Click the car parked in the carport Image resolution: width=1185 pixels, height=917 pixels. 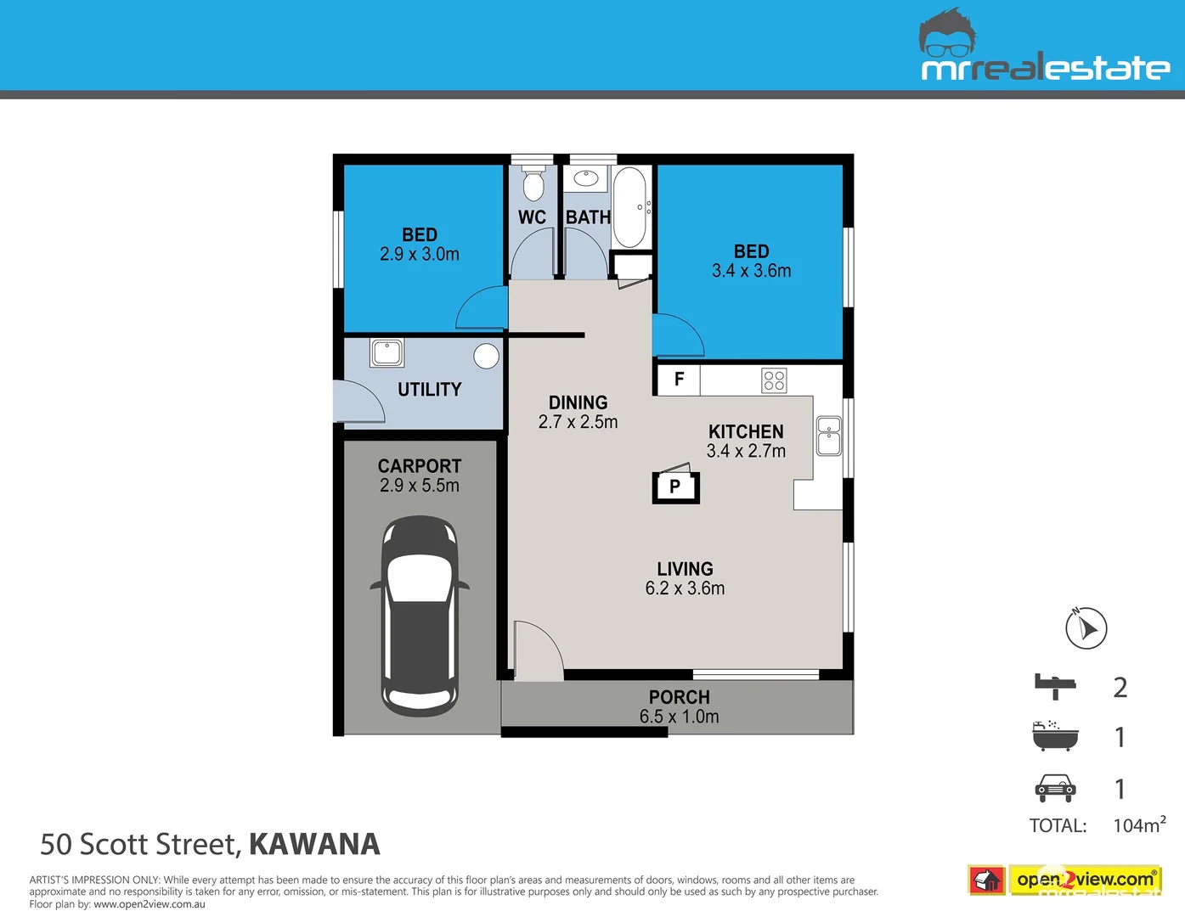420,616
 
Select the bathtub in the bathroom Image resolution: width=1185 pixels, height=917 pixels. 629,208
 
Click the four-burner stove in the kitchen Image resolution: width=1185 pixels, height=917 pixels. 774,380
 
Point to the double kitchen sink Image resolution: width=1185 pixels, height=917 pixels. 829,436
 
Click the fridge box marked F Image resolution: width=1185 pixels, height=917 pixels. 678,380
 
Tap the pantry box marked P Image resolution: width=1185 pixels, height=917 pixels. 675,487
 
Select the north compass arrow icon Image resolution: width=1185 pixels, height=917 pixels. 1086,628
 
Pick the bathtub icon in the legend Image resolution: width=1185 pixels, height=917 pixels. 1055,736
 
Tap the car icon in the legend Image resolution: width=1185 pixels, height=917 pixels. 1055,788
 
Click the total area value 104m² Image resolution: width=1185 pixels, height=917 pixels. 1139,825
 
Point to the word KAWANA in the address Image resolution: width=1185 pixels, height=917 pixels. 314,844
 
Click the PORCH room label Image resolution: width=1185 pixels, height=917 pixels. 679,697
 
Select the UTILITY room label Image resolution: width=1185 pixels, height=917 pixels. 429,390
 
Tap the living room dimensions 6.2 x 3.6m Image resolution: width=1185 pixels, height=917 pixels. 685,588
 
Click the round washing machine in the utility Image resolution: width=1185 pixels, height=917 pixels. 486,356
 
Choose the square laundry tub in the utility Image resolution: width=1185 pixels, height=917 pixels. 387,352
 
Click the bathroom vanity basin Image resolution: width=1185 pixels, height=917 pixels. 586,179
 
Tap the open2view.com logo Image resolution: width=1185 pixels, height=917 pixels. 1065,880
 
